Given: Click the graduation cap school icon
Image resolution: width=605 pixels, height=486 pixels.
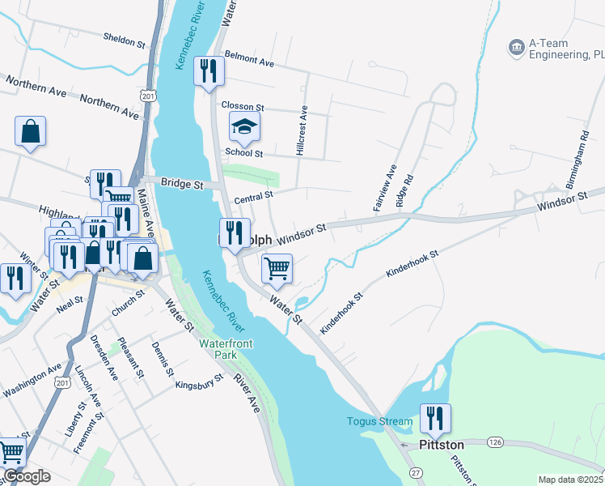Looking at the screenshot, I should point(244,126).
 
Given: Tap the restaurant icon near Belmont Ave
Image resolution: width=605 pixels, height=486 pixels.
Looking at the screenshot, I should point(210,70).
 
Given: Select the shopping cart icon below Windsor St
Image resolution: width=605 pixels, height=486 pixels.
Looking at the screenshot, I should point(277,267).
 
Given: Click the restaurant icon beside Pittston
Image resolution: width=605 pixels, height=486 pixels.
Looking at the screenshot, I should point(435,418).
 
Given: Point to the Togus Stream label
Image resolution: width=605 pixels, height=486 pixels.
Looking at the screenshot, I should point(380,421).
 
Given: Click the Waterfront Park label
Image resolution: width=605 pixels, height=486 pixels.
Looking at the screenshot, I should point(226,349).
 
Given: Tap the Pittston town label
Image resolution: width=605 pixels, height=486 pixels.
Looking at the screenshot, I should point(442,445).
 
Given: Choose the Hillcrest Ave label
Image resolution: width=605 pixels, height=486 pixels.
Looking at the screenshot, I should point(302,130).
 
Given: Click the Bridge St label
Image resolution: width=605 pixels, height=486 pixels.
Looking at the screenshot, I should point(181,185).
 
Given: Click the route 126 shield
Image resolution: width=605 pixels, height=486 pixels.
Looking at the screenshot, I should point(496,442).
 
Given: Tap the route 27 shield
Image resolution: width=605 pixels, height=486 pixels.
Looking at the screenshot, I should point(416,471).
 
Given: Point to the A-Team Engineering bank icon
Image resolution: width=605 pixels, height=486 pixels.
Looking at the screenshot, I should point(515,49).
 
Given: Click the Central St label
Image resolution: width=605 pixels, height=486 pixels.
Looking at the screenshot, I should point(254,196).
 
